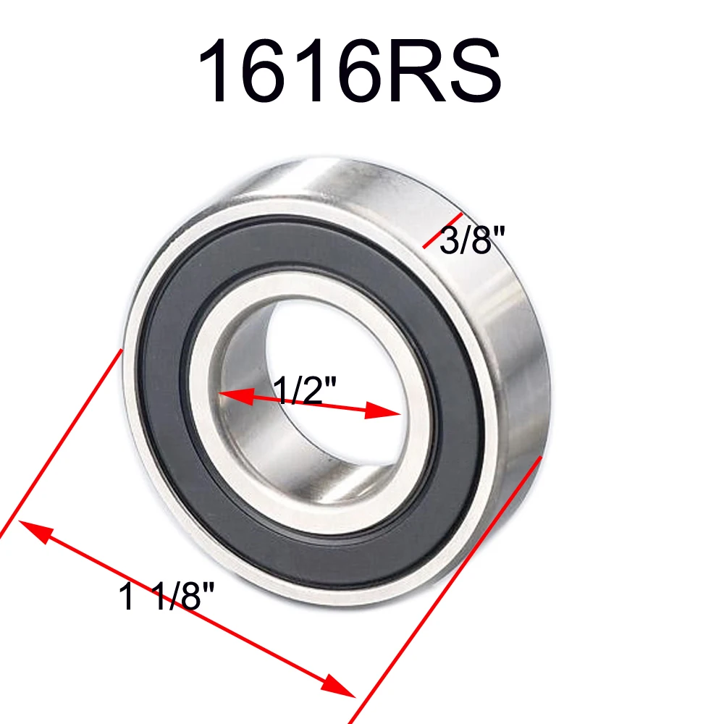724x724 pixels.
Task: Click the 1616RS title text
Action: coord(349,73)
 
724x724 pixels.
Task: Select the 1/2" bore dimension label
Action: coord(304,392)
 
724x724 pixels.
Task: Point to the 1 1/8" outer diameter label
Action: coord(167,598)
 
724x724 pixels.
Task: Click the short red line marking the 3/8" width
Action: coord(442,231)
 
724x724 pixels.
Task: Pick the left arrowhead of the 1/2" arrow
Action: coord(234,395)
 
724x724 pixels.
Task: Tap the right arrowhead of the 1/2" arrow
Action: coord(384,412)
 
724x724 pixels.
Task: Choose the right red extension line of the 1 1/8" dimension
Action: coord(449,586)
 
